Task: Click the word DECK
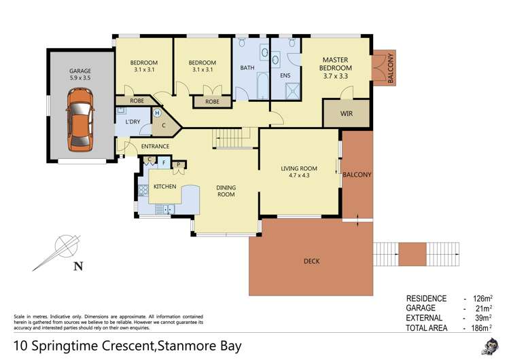(x=312, y=261)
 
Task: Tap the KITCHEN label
(x=165, y=186)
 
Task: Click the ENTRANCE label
(x=155, y=146)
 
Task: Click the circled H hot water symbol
(x=157, y=113)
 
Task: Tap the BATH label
(x=247, y=68)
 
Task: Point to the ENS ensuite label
(x=285, y=75)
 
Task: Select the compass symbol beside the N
(x=63, y=243)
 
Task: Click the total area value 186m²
(x=480, y=327)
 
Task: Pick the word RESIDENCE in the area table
(x=426, y=299)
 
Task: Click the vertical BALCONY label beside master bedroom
(x=390, y=68)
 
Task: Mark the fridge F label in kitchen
(x=164, y=163)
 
